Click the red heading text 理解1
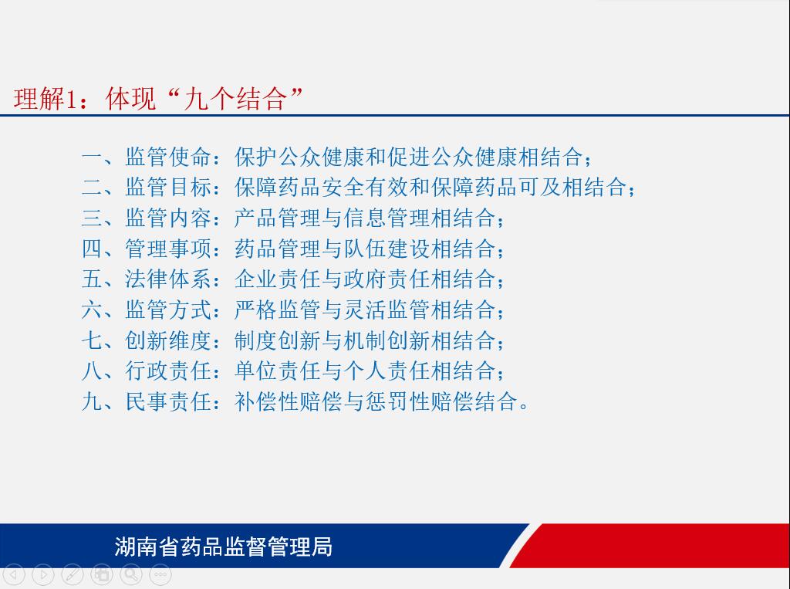45,98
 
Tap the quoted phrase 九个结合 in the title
235,98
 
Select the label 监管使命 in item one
168,157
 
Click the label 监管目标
168,187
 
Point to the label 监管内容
168,218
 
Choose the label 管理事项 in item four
168,249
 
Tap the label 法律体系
168,279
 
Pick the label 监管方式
168,310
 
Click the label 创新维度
168,340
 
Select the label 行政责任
168,371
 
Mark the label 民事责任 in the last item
168,401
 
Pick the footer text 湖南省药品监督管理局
223,547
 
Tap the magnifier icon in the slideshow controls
131,574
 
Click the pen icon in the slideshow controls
73,574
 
